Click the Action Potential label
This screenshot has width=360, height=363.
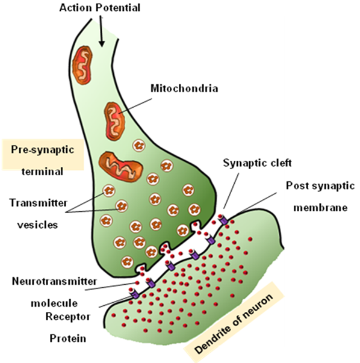tap(100, 8)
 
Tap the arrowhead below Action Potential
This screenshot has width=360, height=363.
tap(102, 43)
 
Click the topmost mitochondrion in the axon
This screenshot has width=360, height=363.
tap(82, 65)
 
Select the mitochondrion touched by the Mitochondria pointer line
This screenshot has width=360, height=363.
tap(114, 122)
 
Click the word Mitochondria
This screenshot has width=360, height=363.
tap(184, 88)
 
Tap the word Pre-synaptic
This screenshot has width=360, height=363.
tap(43, 149)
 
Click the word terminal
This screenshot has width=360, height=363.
tap(42, 172)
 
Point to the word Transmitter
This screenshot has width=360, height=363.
tap(39, 203)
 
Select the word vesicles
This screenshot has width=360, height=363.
tap(37, 225)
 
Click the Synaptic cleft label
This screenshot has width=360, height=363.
tap(257, 163)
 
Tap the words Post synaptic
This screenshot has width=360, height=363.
tap(320, 185)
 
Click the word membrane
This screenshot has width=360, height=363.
tap(320, 208)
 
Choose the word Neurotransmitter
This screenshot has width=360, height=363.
tap(54, 281)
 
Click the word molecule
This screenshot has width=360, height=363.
tap(54, 303)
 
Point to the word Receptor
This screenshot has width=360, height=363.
tap(68, 317)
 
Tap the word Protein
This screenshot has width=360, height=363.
tap(68, 338)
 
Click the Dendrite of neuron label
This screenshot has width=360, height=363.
tap(234, 324)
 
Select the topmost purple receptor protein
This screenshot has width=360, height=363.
tap(223, 219)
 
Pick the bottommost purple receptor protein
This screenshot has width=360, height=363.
tap(135, 294)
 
